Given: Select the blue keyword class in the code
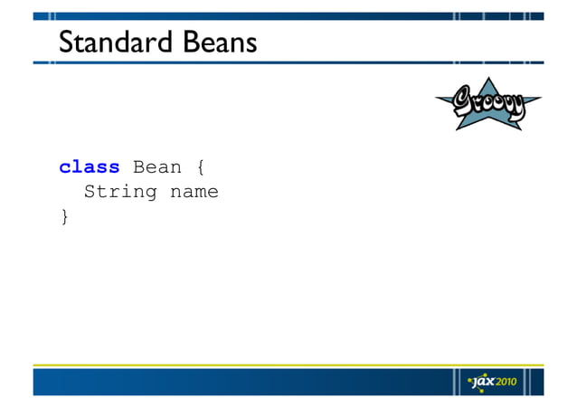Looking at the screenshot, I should click(90, 167).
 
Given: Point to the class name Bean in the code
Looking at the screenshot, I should click(157, 167).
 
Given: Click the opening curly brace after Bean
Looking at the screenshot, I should click(200, 167).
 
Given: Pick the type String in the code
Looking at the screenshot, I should click(120, 192).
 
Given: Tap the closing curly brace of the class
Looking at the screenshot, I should click(64, 216).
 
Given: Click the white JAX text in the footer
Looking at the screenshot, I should click(484, 381).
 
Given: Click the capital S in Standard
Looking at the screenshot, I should click(66, 43).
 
